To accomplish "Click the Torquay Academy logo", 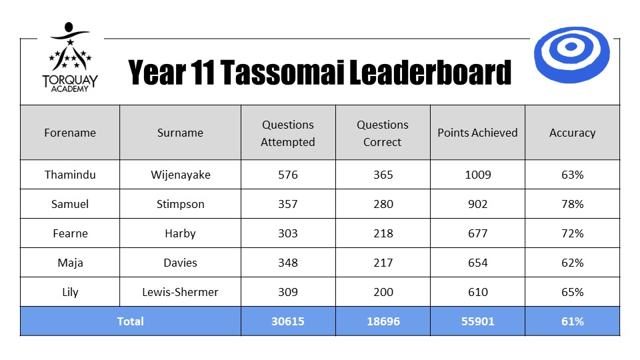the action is pyautogui.click(x=70, y=57).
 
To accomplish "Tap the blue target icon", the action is pyautogui.click(x=571, y=55).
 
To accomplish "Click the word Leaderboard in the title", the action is pyautogui.click(x=430, y=73).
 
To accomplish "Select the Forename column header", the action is pyautogui.click(x=70, y=133).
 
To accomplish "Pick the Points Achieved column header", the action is pyautogui.click(x=477, y=133).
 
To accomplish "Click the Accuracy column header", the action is pyautogui.click(x=572, y=133).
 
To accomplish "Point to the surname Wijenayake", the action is pyautogui.click(x=181, y=175).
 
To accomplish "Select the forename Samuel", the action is pyautogui.click(x=70, y=204).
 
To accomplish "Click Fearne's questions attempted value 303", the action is pyautogui.click(x=288, y=233).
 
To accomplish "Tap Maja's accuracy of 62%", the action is pyautogui.click(x=572, y=263).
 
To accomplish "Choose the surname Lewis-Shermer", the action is pyautogui.click(x=181, y=292).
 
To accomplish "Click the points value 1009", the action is pyautogui.click(x=477, y=175).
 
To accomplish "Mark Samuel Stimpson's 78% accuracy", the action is pyautogui.click(x=572, y=204).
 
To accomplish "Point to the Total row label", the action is pyautogui.click(x=130, y=321).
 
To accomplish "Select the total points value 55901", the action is pyautogui.click(x=477, y=321).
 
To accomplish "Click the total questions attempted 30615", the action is pyautogui.click(x=288, y=321).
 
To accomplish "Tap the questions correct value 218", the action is pyautogui.click(x=383, y=233).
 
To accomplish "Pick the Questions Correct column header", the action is pyautogui.click(x=383, y=133).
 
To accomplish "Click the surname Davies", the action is pyautogui.click(x=181, y=263).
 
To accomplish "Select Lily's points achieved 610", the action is pyautogui.click(x=477, y=292).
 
